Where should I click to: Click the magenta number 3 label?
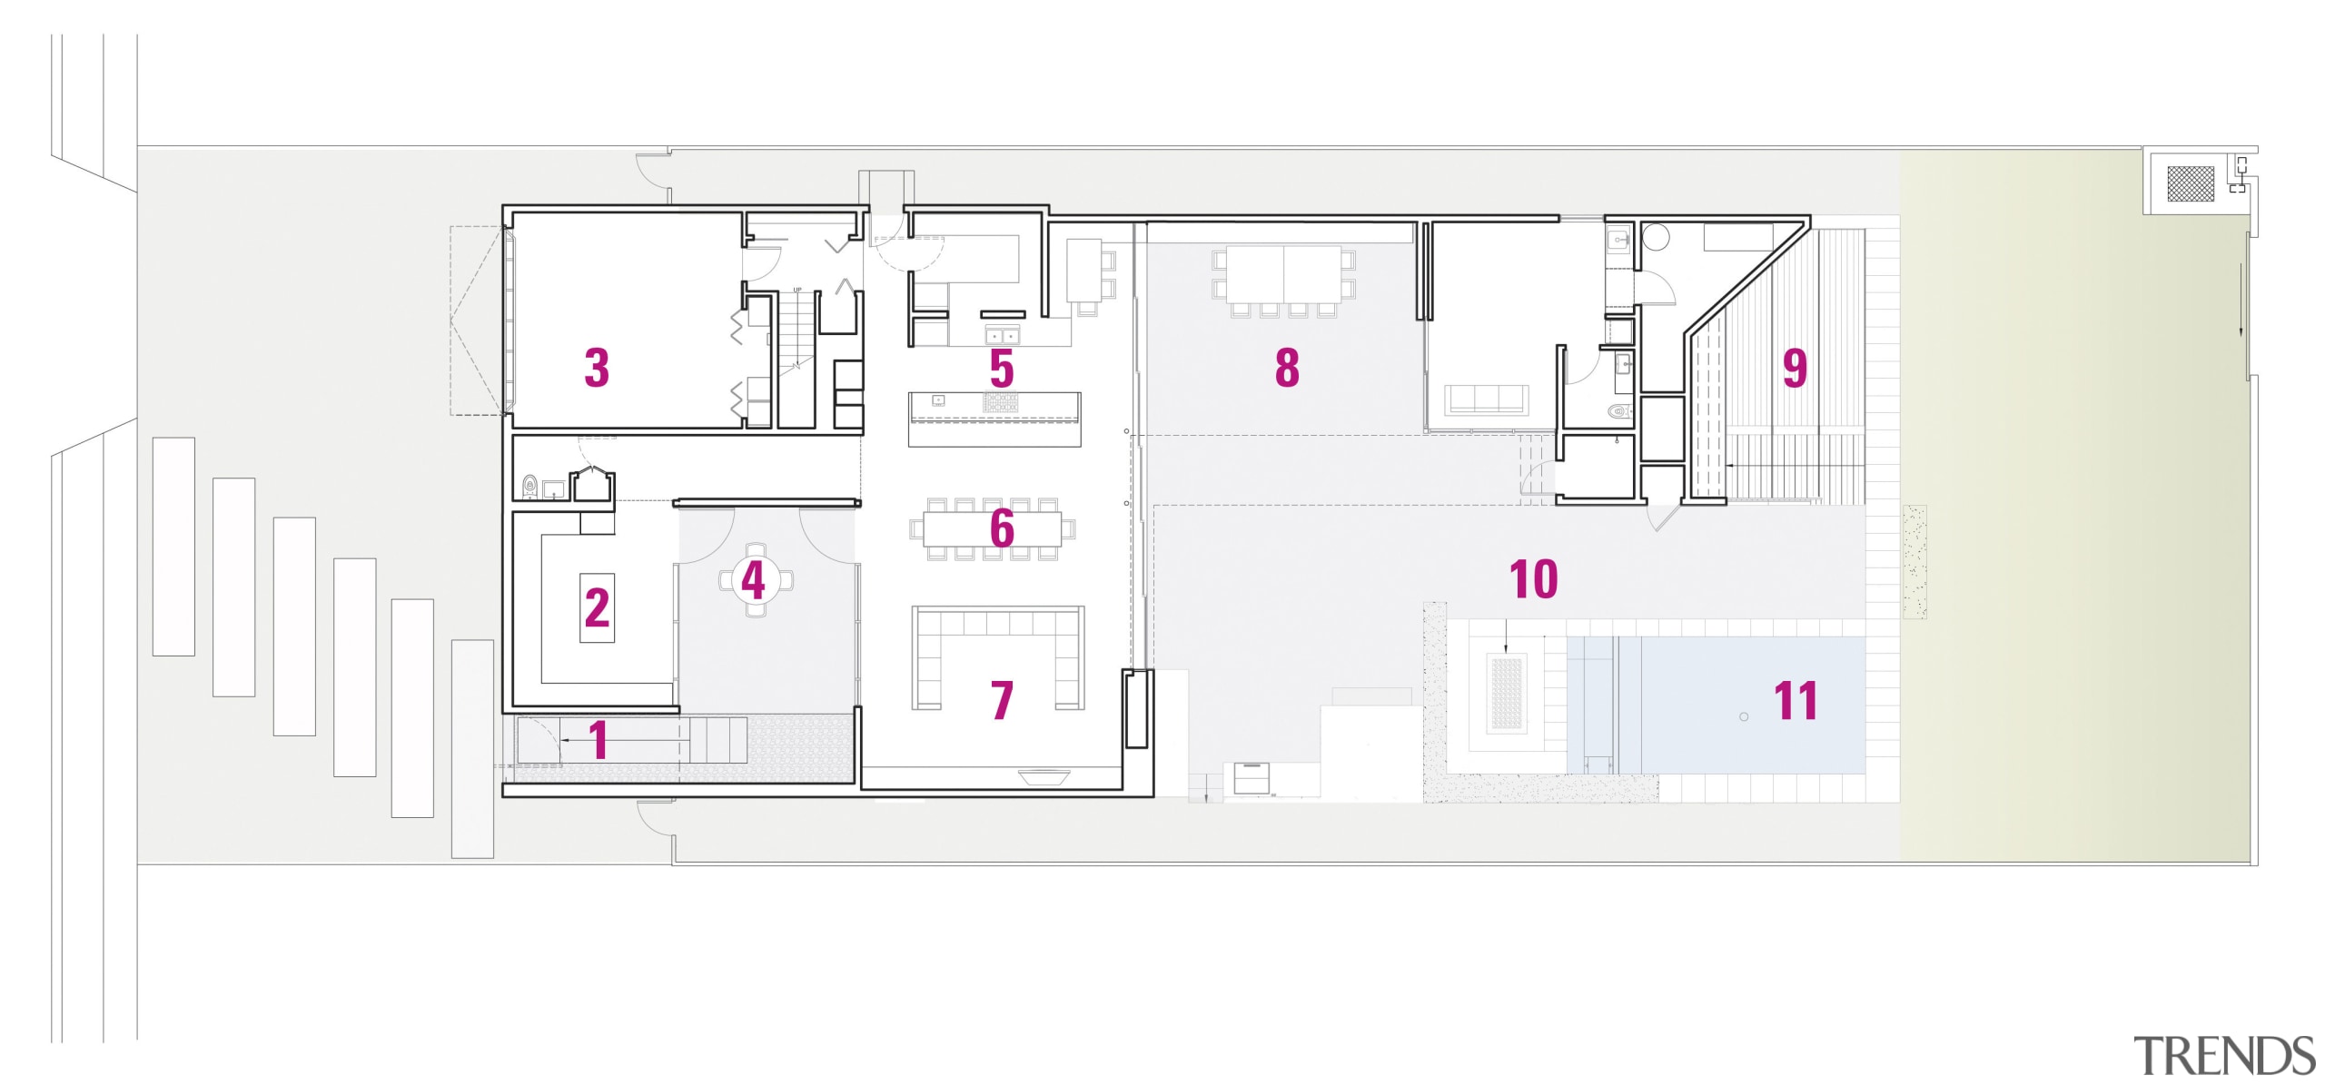pyautogui.click(x=596, y=368)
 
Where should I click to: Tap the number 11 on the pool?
pyautogui.click(x=1796, y=701)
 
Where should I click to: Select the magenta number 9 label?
pyautogui.click(x=1795, y=368)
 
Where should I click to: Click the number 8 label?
pyautogui.click(x=1287, y=368)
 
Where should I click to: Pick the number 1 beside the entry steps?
pyautogui.click(x=598, y=740)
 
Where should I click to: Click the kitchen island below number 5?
pyautogui.click(x=995, y=419)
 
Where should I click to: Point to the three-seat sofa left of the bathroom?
pyautogui.click(x=1485, y=399)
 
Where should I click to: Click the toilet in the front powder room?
pyautogui.click(x=530, y=488)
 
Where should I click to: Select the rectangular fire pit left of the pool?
pyautogui.click(x=1506, y=695)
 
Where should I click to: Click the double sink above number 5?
pyautogui.click(x=1001, y=335)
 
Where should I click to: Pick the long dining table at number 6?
pyautogui.click(x=993, y=528)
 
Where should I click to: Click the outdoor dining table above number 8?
pyautogui.click(x=1283, y=275)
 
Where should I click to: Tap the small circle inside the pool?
pyautogui.click(x=1744, y=717)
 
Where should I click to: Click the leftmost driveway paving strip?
pyautogui.click(x=173, y=546)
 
